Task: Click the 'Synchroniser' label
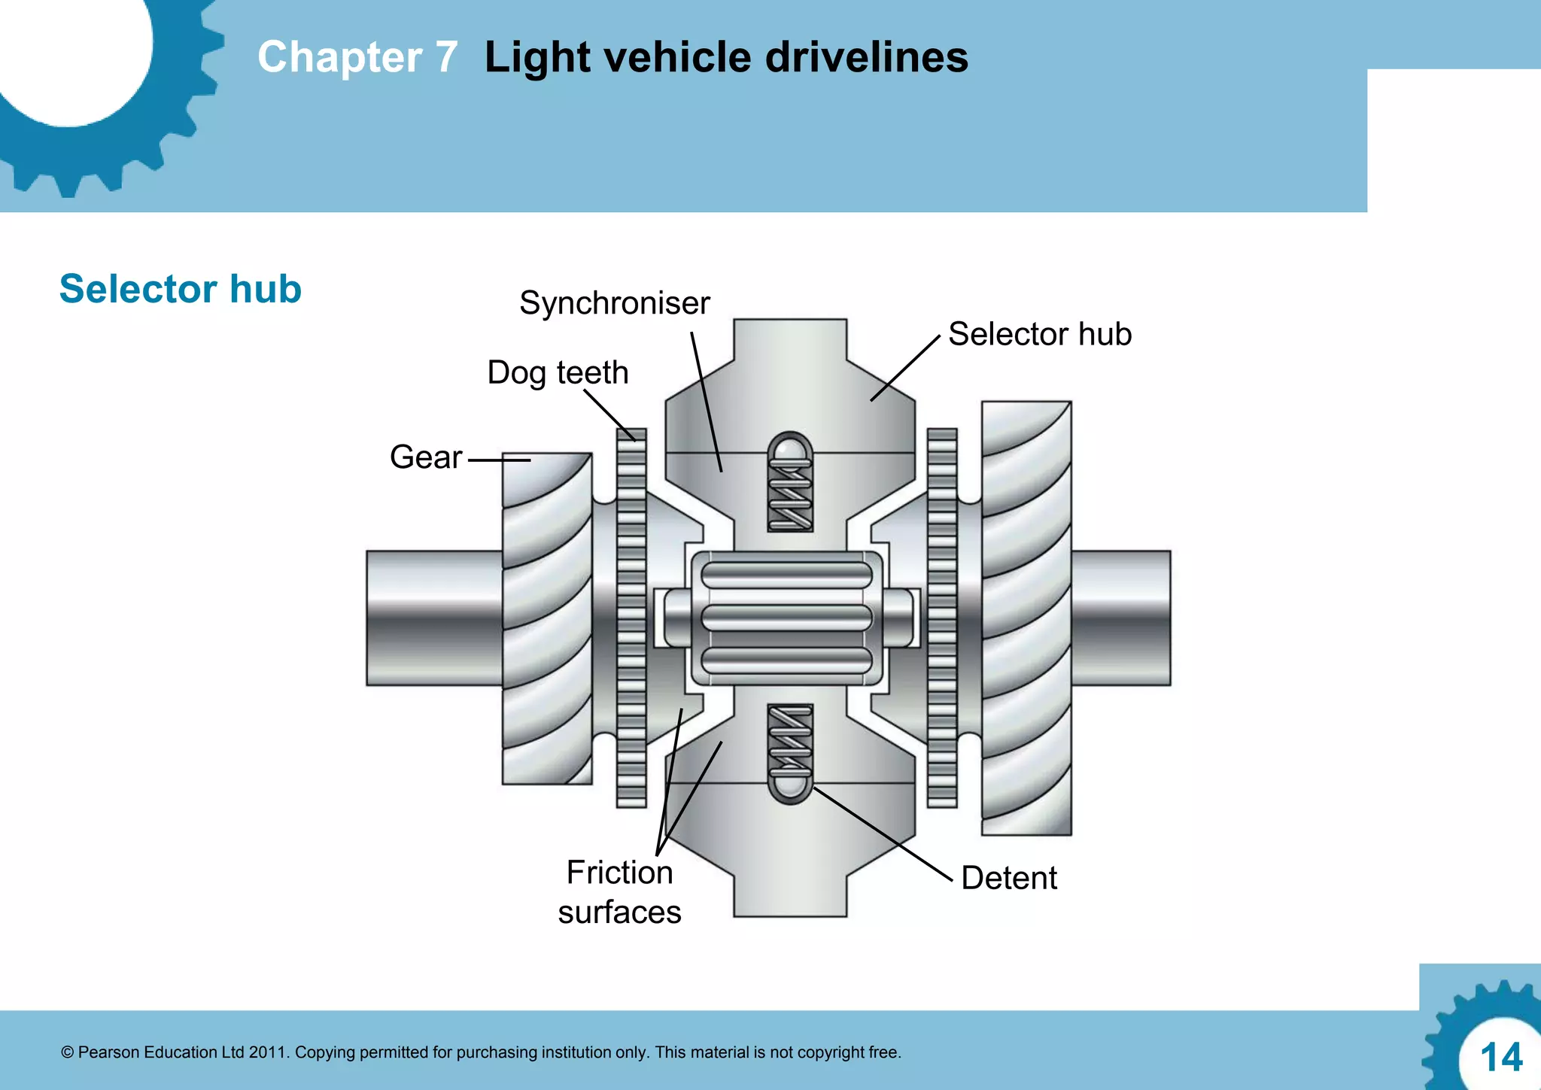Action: [614, 303]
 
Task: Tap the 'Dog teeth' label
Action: [558, 372]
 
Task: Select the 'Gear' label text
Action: [425, 457]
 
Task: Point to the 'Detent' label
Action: [1008, 878]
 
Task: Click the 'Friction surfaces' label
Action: [619, 892]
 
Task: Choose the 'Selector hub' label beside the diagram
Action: [1039, 334]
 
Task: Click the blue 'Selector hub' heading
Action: [181, 289]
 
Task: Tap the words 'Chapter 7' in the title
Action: [357, 57]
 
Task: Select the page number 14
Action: [1500, 1058]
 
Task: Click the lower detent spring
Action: [790, 741]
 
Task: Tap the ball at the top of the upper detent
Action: [790, 449]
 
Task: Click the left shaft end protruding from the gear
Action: [433, 618]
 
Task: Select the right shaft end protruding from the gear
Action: [1121, 618]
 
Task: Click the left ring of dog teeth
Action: [631, 617]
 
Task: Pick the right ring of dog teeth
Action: [942, 617]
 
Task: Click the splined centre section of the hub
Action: [786, 618]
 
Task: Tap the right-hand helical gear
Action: [1026, 617]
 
